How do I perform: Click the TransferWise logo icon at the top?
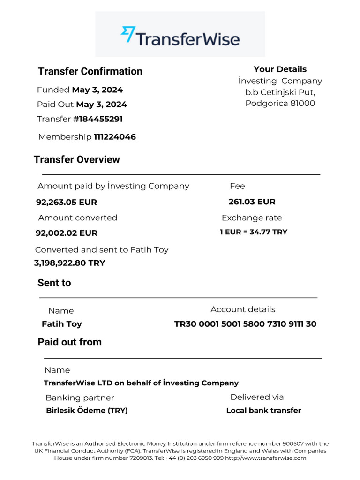tap(128, 35)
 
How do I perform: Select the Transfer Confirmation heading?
tap(90, 71)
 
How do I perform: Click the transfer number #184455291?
tap(97, 119)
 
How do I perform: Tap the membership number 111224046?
tap(115, 137)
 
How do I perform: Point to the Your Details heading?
tap(280, 69)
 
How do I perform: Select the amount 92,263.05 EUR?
tap(67, 202)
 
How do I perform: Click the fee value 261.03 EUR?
tap(252, 202)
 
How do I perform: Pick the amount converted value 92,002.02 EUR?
tap(67, 233)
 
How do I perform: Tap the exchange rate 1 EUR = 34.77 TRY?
tap(253, 232)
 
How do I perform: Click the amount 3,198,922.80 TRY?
tap(70, 263)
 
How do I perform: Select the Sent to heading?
tap(54, 283)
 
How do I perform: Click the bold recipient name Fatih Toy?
tap(62, 324)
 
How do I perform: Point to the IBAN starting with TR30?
tap(245, 324)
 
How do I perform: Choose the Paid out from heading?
tap(69, 342)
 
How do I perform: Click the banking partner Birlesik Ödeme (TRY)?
tap(87, 411)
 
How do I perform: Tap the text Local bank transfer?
tap(263, 411)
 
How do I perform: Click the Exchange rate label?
tap(252, 217)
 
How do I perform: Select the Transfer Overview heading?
tap(77, 159)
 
